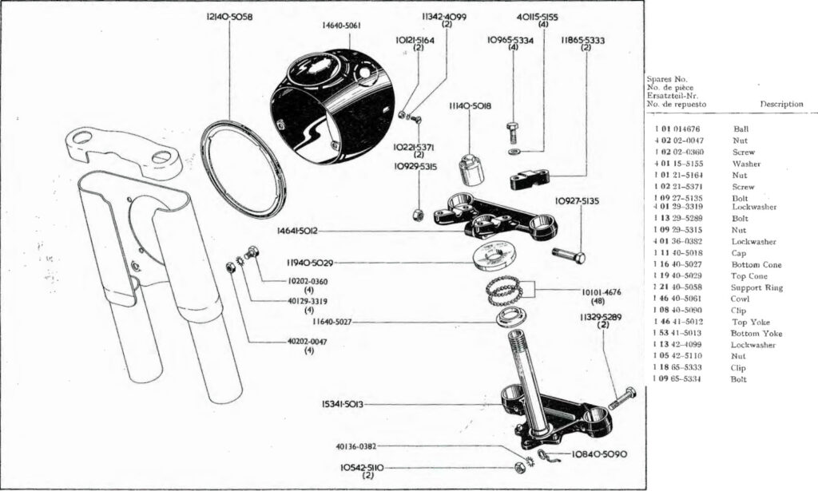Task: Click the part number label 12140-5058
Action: point(229,17)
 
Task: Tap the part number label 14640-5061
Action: point(341,26)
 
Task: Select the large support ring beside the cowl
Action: point(248,168)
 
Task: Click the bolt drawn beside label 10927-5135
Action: point(569,255)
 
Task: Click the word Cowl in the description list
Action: point(741,299)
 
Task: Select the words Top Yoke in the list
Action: point(747,322)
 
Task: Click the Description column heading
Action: point(781,104)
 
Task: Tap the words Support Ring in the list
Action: point(754,287)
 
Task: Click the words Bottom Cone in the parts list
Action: point(753,264)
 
